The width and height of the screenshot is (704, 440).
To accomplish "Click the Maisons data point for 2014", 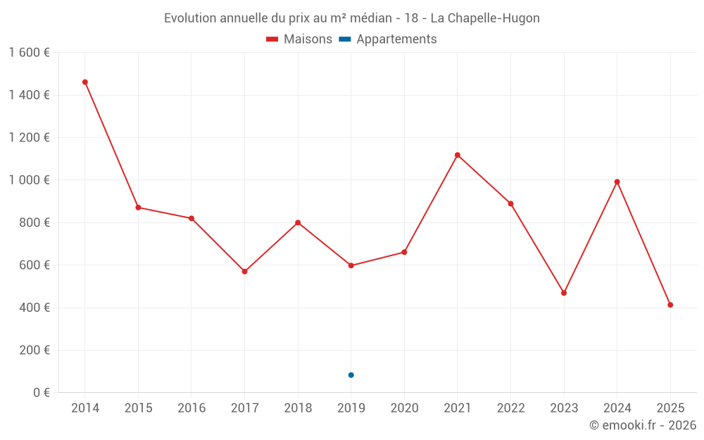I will point(85,82).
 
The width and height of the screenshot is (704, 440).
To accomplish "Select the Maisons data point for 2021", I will point(458,155).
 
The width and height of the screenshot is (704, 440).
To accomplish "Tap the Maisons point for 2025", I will point(670,305).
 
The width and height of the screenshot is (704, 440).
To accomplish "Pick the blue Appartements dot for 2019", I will point(351,375).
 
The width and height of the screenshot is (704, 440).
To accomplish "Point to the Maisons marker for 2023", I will point(564,293).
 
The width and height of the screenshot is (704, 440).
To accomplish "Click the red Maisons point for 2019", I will point(351,265).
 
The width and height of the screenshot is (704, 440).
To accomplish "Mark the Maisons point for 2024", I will point(617,182).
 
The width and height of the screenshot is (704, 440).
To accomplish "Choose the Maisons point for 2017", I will point(244,271).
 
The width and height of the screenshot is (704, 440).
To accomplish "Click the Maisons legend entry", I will point(299,39).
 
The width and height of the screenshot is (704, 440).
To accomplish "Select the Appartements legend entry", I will point(388,39).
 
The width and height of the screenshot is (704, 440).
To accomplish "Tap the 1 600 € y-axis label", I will point(29,53).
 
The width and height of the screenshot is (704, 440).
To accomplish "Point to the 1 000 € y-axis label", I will point(29,180).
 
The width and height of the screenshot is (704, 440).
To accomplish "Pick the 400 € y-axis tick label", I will point(34,308).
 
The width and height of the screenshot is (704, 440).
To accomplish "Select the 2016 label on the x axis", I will point(191,408).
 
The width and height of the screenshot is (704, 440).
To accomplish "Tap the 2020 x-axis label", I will point(404,408).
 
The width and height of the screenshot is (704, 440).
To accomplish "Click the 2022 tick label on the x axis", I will point(510,408).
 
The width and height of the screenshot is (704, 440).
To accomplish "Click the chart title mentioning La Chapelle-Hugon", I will point(352,18).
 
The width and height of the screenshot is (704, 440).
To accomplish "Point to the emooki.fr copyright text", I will point(643,425).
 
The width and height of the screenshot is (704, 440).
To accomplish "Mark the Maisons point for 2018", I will point(298,222).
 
